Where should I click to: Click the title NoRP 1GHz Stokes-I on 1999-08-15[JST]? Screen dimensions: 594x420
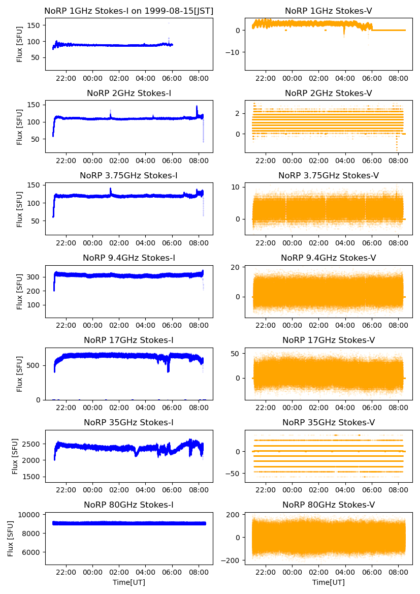click(x=128, y=11)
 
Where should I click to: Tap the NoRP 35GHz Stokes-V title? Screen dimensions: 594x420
click(x=329, y=422)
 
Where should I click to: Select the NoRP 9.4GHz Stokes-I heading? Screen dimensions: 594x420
click(x=128, y=258)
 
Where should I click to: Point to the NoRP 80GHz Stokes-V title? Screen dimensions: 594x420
click(x=329, y=505)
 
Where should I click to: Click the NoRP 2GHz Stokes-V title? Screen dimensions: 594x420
click(x=329, y=93)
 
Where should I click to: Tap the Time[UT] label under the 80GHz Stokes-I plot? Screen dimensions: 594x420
click(x=128, y=582)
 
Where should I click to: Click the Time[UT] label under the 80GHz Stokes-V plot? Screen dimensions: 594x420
click(x=329, y=582)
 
